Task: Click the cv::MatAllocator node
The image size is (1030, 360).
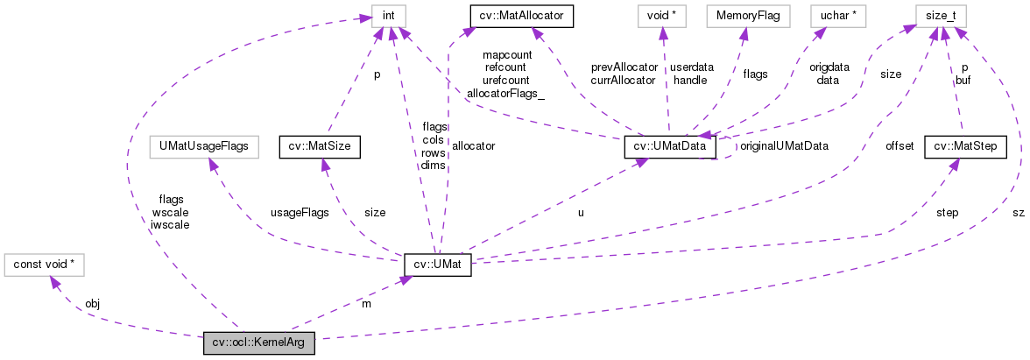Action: (521, 15)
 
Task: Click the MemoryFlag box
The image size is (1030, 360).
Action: (743, 15)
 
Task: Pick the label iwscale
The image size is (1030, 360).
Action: (170, 224)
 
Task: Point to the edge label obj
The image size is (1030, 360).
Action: (93, 303)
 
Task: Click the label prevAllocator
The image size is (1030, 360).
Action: (624, 67)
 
